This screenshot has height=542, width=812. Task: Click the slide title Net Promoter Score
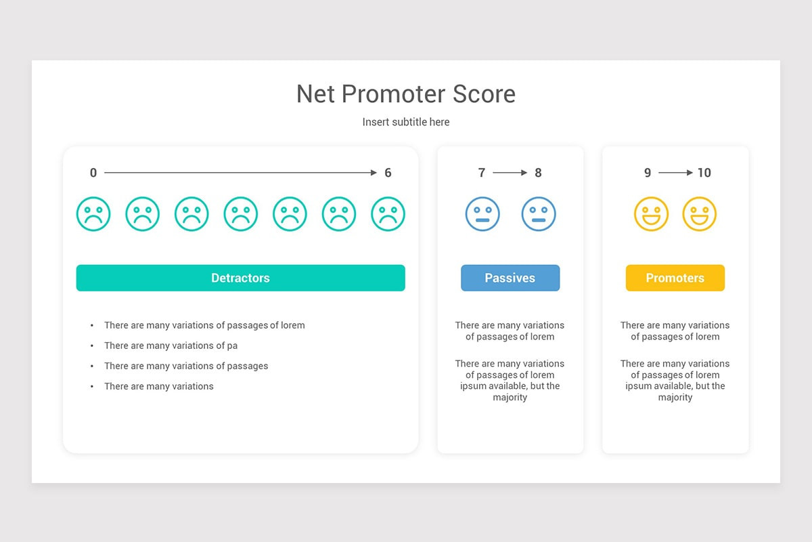[406, 94]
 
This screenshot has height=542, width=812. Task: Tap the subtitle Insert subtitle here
[406, 122]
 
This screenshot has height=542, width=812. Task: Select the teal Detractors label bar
[240, 278]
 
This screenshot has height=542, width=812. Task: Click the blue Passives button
[510, 278]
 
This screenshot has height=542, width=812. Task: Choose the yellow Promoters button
[675, 278]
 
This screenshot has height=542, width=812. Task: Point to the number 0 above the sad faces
[93, 173]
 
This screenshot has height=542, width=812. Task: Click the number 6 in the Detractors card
[388, 173]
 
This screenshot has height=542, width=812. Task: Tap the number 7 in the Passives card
[482, 173]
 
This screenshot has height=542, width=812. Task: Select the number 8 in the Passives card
[538, 173]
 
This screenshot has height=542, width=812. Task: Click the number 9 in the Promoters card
[648, 173]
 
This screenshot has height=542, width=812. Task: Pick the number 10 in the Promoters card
[704, 173]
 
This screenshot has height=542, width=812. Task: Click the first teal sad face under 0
[93, 214]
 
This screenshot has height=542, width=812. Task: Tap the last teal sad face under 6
[388, 214]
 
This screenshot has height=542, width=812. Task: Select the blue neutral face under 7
[482, 214]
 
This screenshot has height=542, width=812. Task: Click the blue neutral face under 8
[539, 214]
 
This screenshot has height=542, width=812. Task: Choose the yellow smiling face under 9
[651, 214]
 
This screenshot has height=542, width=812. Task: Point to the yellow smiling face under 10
[699, 214]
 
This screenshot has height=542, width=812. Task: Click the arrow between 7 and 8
[510, 173]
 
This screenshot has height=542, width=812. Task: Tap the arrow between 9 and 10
[675, 173]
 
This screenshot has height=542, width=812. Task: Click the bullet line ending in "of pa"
[171, 346]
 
